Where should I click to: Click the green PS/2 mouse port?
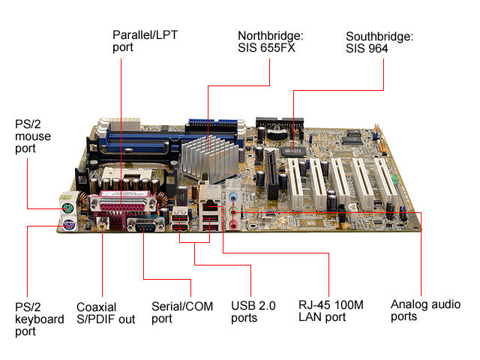[68, 209]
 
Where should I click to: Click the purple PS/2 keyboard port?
[69, 226]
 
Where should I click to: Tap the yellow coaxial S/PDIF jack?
[102, 226]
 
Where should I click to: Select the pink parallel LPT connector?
[123, 202]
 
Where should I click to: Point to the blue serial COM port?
[145, 226]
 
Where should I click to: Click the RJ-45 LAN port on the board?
[210, 204]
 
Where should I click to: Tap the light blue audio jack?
[233, 196]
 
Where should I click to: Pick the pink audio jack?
[233, 226]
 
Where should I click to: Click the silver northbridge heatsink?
[211, 158]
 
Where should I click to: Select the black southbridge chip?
[293, 151]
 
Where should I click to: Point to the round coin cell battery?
[277, 131]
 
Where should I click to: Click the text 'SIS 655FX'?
[266, 48]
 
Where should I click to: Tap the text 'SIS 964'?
[367, 49]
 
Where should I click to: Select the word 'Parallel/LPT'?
[145, 35]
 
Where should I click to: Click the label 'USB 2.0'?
[253, 305]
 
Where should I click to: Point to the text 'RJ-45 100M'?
[331, 305]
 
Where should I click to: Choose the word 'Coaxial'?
[97, 307]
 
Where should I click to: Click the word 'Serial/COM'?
[182, 306]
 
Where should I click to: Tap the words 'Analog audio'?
[425, 304]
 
